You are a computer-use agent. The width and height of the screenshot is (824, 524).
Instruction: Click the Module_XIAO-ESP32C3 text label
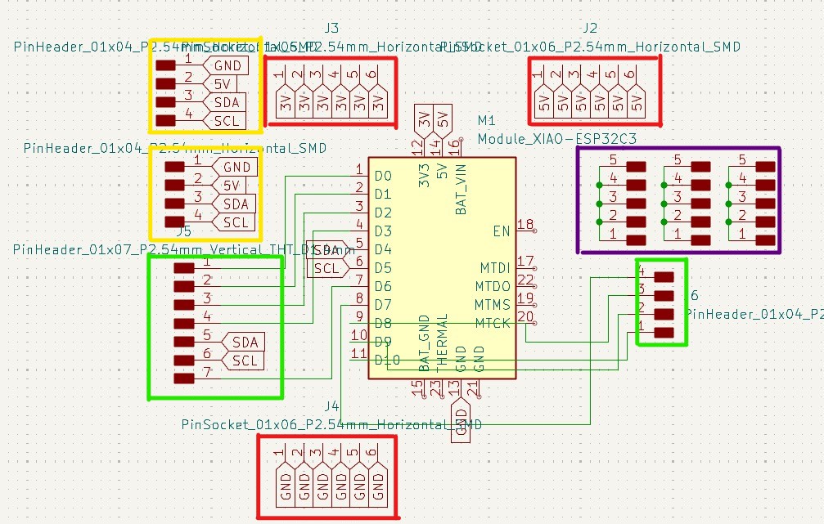coord(556,140)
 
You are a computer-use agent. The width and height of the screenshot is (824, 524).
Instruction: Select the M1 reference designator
coord(487,121)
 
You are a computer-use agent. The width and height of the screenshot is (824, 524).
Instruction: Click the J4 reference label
coord(331,405)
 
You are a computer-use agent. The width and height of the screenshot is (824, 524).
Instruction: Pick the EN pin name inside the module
coord(501,231)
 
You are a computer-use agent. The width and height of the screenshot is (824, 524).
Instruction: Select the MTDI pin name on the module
coord(494,268)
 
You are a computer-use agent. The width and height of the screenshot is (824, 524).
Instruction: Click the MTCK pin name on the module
coord(493,324)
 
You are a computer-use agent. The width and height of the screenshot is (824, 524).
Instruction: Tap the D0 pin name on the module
coord(383,176)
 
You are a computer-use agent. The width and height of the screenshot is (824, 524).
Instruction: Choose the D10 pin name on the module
coord(386,360)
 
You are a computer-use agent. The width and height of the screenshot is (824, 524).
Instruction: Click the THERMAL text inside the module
coord(442,339)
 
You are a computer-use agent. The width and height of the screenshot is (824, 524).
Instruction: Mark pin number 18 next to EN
coord(525,225)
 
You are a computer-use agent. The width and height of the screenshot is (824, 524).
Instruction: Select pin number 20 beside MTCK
coord(525,317)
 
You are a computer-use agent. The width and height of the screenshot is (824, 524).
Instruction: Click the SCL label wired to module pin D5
coord(326,268)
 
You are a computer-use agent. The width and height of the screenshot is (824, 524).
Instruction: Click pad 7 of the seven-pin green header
coord(185,378)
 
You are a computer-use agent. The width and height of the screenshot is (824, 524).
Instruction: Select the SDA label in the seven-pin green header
coord(244,342)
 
